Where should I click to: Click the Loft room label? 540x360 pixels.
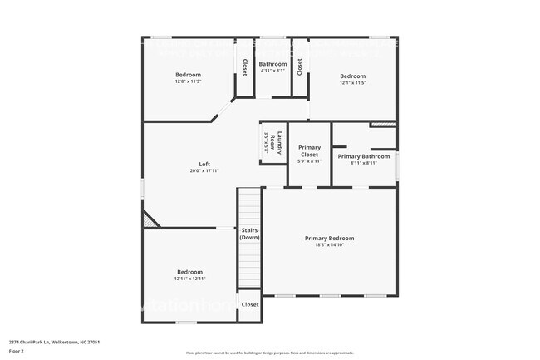pos(204,164)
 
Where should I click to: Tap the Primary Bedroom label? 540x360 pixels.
pos(329,238)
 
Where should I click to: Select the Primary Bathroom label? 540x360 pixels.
pos(363,156)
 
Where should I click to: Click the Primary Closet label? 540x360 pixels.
pos(309,151)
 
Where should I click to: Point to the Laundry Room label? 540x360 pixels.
pos(281,141)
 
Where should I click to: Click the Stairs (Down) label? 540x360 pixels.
pos(250,234)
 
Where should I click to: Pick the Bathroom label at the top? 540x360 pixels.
pos(272,64)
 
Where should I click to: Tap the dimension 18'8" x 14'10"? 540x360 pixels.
pos(329,245)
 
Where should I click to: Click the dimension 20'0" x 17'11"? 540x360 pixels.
pos(204,171)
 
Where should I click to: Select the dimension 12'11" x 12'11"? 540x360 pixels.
pos(189,279)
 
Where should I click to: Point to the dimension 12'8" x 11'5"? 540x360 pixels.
pos(188,82)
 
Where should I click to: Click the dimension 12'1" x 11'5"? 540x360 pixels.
pos(352,83)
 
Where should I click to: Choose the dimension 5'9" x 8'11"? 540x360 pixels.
pos(309,161)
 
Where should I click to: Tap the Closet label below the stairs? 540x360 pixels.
pos(250,304)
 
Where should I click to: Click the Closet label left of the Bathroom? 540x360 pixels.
pos(244,66)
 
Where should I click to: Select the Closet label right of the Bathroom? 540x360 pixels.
pos(300,66)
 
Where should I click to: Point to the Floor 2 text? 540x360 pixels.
pos(17,351)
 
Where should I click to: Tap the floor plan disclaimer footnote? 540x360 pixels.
pos(269,353)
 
